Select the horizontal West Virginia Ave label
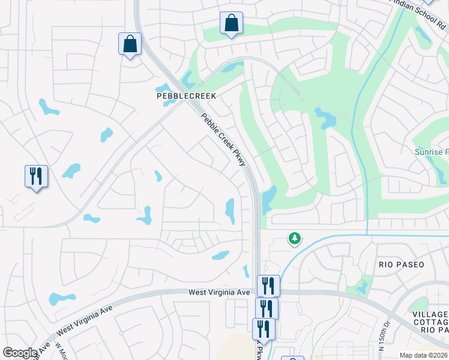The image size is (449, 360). point(218,292)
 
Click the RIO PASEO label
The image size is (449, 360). point(401,265)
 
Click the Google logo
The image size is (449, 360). point(20,353)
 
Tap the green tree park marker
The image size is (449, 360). point(294,239)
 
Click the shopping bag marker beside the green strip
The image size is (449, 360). point(231,24)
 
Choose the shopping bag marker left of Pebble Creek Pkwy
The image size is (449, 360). point(130,44)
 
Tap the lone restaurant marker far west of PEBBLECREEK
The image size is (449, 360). point(36,176)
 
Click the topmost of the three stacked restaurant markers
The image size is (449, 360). point(268,285)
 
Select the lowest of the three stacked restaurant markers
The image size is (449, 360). point(263,329)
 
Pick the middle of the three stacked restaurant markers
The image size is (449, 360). point(266,308)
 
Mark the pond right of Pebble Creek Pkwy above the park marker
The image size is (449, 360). point(268,198)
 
